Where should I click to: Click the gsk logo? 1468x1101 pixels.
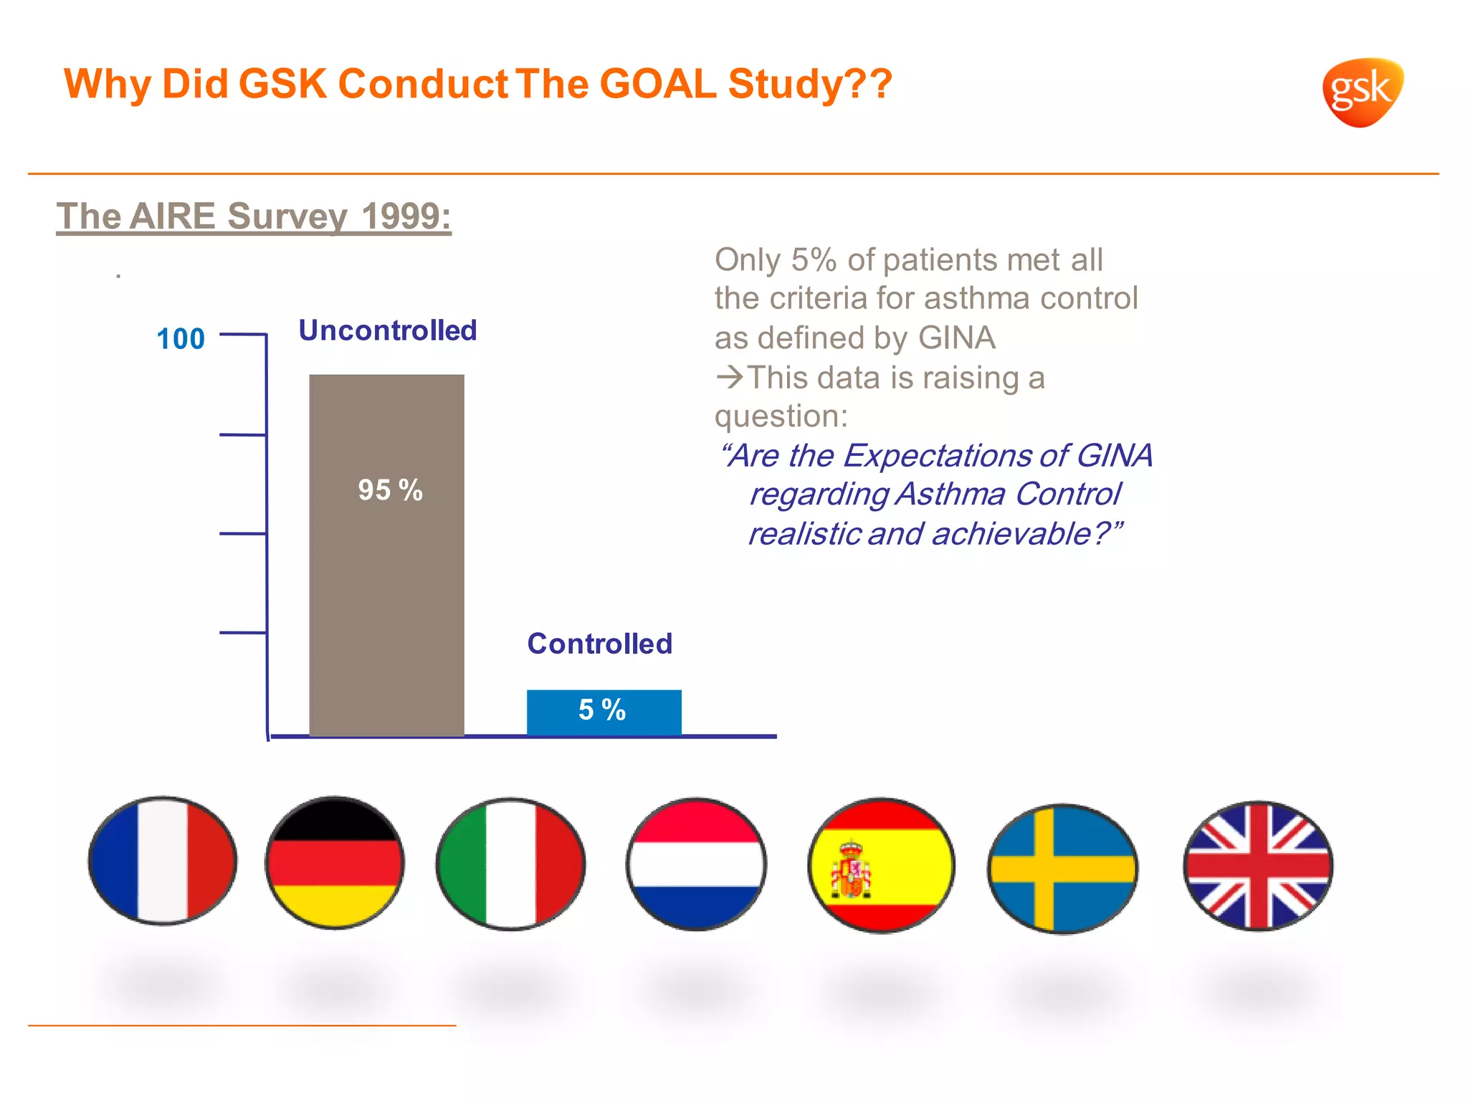point(1361,92)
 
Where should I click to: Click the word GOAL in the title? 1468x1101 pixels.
point(657,84)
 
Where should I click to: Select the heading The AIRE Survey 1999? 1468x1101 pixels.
point(254,216)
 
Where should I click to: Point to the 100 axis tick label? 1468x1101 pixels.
point(181,338)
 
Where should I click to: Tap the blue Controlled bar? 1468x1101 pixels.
point(604,711)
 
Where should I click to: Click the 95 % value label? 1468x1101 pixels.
point(390,490)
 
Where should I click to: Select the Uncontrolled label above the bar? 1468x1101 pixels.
point(387,330)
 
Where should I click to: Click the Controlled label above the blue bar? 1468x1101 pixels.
point(599,644)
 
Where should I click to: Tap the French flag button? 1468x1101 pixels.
point(163,860)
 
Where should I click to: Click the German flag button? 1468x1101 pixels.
point(335,862)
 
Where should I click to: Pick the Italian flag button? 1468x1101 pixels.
point(510,864)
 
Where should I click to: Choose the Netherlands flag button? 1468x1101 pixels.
point(696,864)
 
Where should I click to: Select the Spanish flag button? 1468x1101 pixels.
point(881,865)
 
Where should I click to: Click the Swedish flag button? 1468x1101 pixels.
point(1062,868)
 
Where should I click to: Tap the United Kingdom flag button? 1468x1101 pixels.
point(1258,866)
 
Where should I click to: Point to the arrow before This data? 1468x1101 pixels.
point(730,377)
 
